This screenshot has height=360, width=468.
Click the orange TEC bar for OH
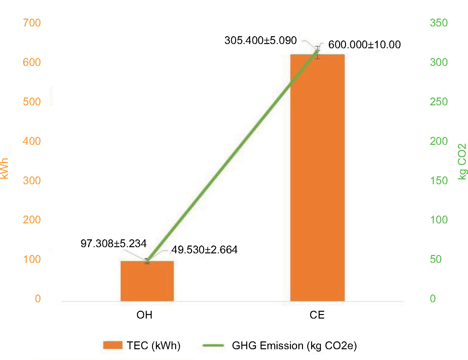tap(147, 281)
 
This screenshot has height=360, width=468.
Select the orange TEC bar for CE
tap(317, 178)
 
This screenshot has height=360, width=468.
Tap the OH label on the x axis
tap(144, 315)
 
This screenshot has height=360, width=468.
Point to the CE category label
tap(317, 315)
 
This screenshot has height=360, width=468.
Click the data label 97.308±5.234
tap(113, 243)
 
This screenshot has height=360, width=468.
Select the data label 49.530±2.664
tap(204, 250)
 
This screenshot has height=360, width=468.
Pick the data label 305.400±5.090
tap(261, 40)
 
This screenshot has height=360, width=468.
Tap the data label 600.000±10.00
tap(364, 45)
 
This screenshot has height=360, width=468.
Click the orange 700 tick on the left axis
tap(32, 23)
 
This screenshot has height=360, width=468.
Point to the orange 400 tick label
tap(32, 141)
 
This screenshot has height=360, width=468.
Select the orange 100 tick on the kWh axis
tap(32, 259)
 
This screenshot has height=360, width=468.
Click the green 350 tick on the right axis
tap(439, 23)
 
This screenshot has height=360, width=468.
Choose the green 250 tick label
tap(439, 102)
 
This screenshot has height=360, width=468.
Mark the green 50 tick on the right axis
tap(436, 259)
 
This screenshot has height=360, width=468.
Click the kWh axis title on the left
tap(5, 168)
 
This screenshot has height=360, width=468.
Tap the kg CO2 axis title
tap(462, 161)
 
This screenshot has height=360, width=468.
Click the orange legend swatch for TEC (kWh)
tap(113, 345)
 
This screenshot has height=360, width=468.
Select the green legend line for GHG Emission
tap(213, 345)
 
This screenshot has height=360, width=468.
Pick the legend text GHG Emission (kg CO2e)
tap(294, 346)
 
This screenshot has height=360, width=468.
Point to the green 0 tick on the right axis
tap(433, 299)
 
